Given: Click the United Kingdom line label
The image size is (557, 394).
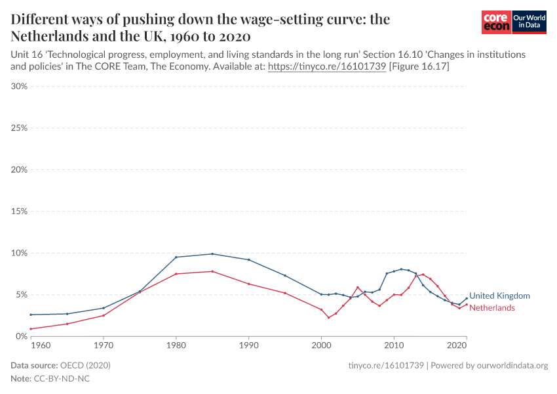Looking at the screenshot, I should click(x=499, y=296).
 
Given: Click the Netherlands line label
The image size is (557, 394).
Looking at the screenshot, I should click(x=492, y=308).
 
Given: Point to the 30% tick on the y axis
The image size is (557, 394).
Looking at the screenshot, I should click(x=19, y=86).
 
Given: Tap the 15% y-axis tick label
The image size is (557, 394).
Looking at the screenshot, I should click(x=19, y=211).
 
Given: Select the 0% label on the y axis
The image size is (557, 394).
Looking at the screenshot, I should click(x=21, y=336).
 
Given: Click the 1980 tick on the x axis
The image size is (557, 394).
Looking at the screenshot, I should click(x=176, y=345).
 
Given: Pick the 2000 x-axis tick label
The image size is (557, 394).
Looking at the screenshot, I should click(x=321, y=345).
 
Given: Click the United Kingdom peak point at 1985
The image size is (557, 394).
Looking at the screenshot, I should click(x=212, y=253).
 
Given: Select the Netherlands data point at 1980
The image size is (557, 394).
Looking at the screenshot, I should click(x=176, y=274).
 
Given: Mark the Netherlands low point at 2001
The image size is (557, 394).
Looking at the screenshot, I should click(x=328, y=318).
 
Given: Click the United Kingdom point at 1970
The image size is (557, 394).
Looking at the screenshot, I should click(x=104, y=308).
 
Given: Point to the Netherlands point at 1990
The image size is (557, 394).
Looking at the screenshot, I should click(x=248, y=284).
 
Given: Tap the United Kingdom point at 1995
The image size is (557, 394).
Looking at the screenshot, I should click(x=285, y=275).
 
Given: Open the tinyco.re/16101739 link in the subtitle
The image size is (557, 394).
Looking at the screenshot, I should click(x=327, y=67).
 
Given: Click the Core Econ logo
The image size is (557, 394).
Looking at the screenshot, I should click(x=496, y=22).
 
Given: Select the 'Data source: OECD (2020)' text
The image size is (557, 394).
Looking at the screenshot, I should click(x=61, y=365).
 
